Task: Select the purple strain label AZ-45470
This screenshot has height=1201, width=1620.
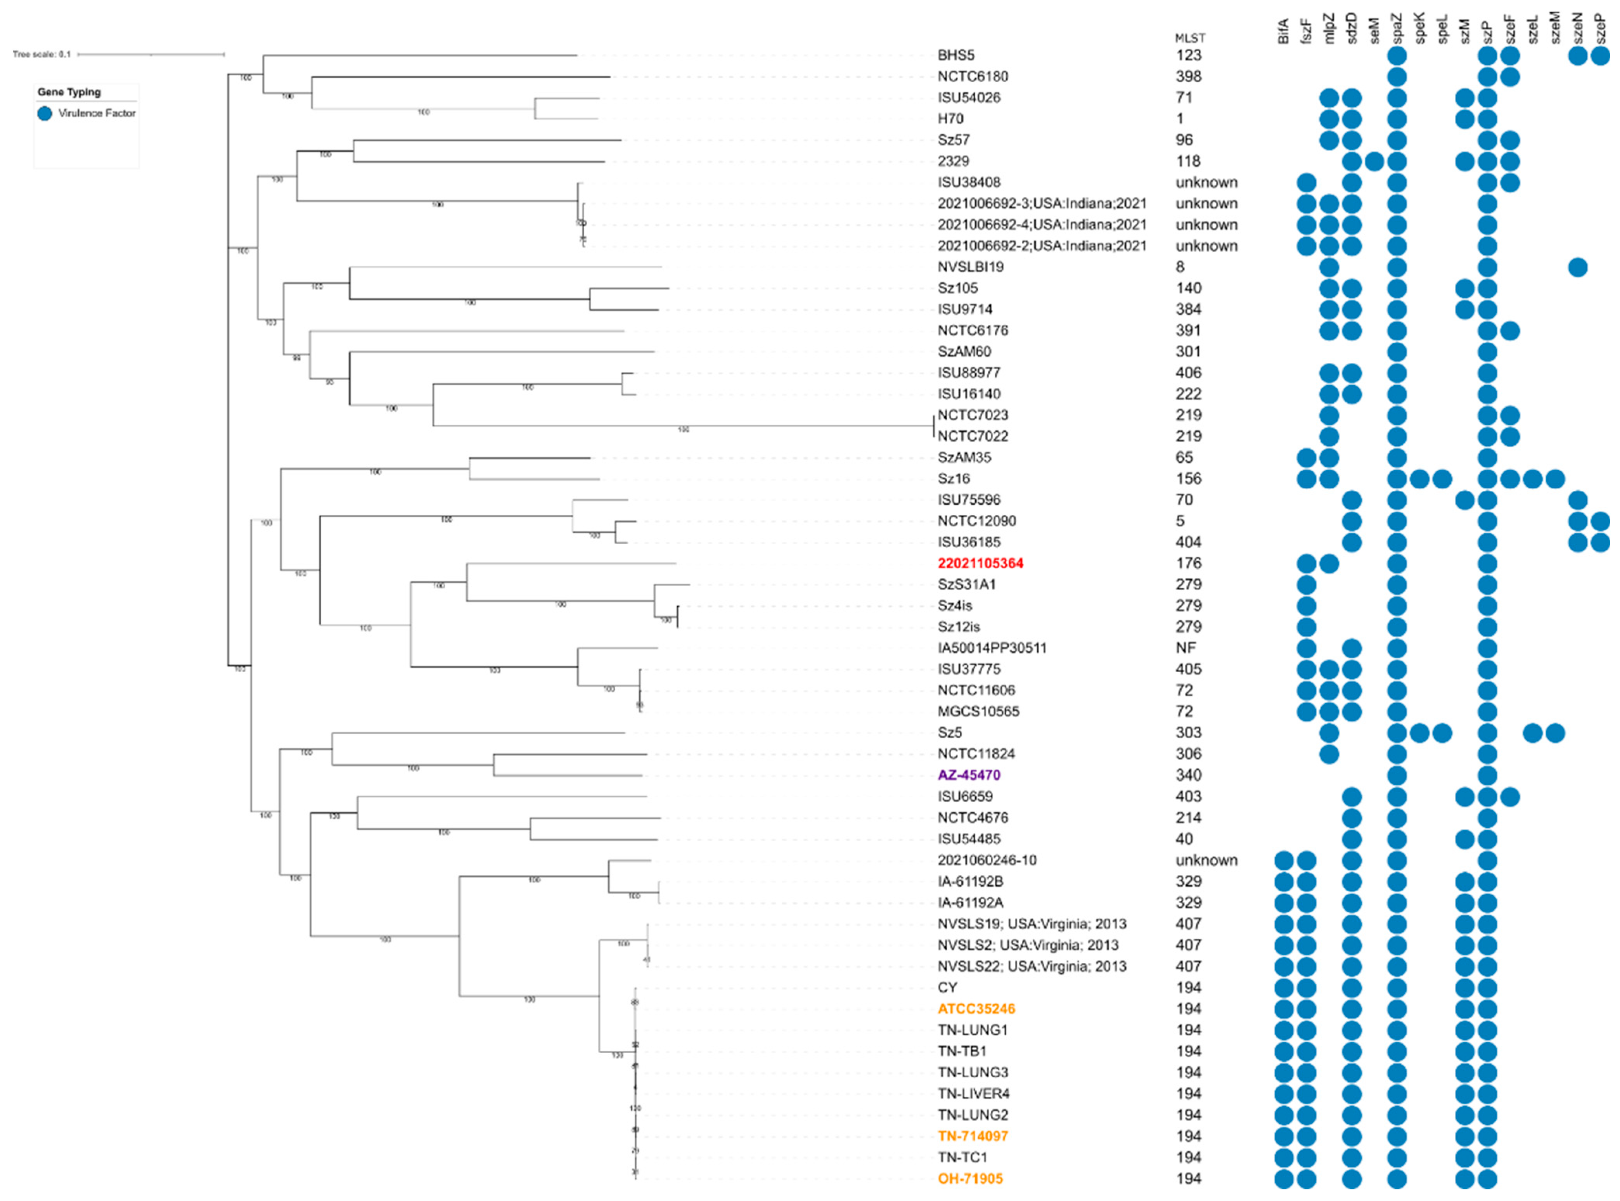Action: click(969, 775)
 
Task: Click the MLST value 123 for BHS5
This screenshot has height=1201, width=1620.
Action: click(1188, 55)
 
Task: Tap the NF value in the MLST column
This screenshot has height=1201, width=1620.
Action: click(1185, 648)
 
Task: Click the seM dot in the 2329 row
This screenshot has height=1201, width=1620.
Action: click(1374, 161)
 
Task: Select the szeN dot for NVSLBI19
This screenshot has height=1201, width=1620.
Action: click(1577, 268)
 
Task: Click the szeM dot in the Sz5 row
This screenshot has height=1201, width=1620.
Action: click(1554, 733)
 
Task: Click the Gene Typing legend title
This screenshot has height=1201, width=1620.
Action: click(69, 92)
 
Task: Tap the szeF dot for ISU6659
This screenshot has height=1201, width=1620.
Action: click(1509, 797)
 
